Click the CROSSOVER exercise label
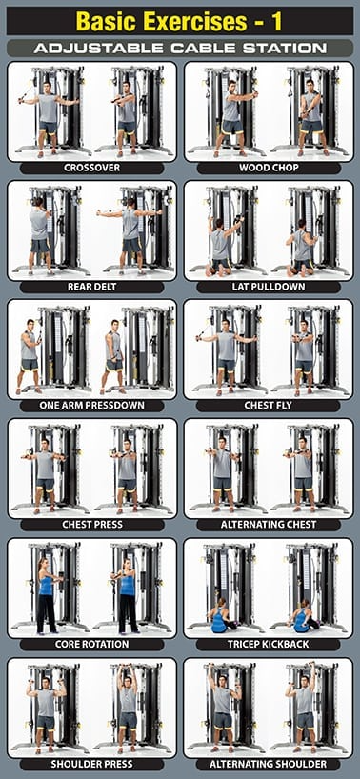pyautogui.click(x=91, y=168)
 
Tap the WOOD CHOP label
pyautogui.click(x=269, y=168)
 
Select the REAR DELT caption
pyautogui.click(x=91, y=287)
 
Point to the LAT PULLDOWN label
pyautogui.click(x=269, y=287)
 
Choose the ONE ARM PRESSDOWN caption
pyautogui.click(x=91, y=406)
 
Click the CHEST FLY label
pyautogui.click(x=269, y=406)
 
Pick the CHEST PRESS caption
pyautogui.click(x=91, y=525)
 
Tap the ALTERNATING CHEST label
pyautogui.click(x=269, y=525)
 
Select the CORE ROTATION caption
pyautogui.click(x=91, y=645)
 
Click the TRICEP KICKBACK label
pyautogui.click(x=269, y=645)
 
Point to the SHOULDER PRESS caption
pyautogui.click(x=91, y=764)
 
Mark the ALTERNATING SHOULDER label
pyautogui.click(x=269, y=764)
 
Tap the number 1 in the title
pyautogui.click(x=276, y=21)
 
